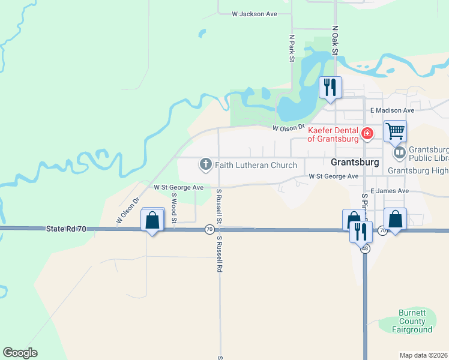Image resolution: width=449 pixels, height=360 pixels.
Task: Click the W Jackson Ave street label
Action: coord(255,14)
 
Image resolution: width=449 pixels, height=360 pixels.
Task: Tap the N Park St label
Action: coord(291,48)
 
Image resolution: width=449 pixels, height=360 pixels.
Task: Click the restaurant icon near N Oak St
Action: coord(330,88)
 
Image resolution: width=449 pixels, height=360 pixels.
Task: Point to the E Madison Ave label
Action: coord(392,110)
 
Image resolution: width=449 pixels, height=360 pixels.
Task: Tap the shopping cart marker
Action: coord(395,131)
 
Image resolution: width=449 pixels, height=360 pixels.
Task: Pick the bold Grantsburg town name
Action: coord(355,163)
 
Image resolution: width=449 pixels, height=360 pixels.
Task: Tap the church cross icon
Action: coord(205,164)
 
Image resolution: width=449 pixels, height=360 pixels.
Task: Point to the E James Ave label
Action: coord(390,191)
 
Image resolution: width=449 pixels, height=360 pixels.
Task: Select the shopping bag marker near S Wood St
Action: coord(152,220)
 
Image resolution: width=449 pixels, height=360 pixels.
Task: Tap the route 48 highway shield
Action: coord(365,248)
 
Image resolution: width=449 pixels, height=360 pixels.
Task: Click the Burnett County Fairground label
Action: coord(412,322)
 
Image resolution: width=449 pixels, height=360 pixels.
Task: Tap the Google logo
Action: coord(20,353)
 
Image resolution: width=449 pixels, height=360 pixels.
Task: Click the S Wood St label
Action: coord(173,208)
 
